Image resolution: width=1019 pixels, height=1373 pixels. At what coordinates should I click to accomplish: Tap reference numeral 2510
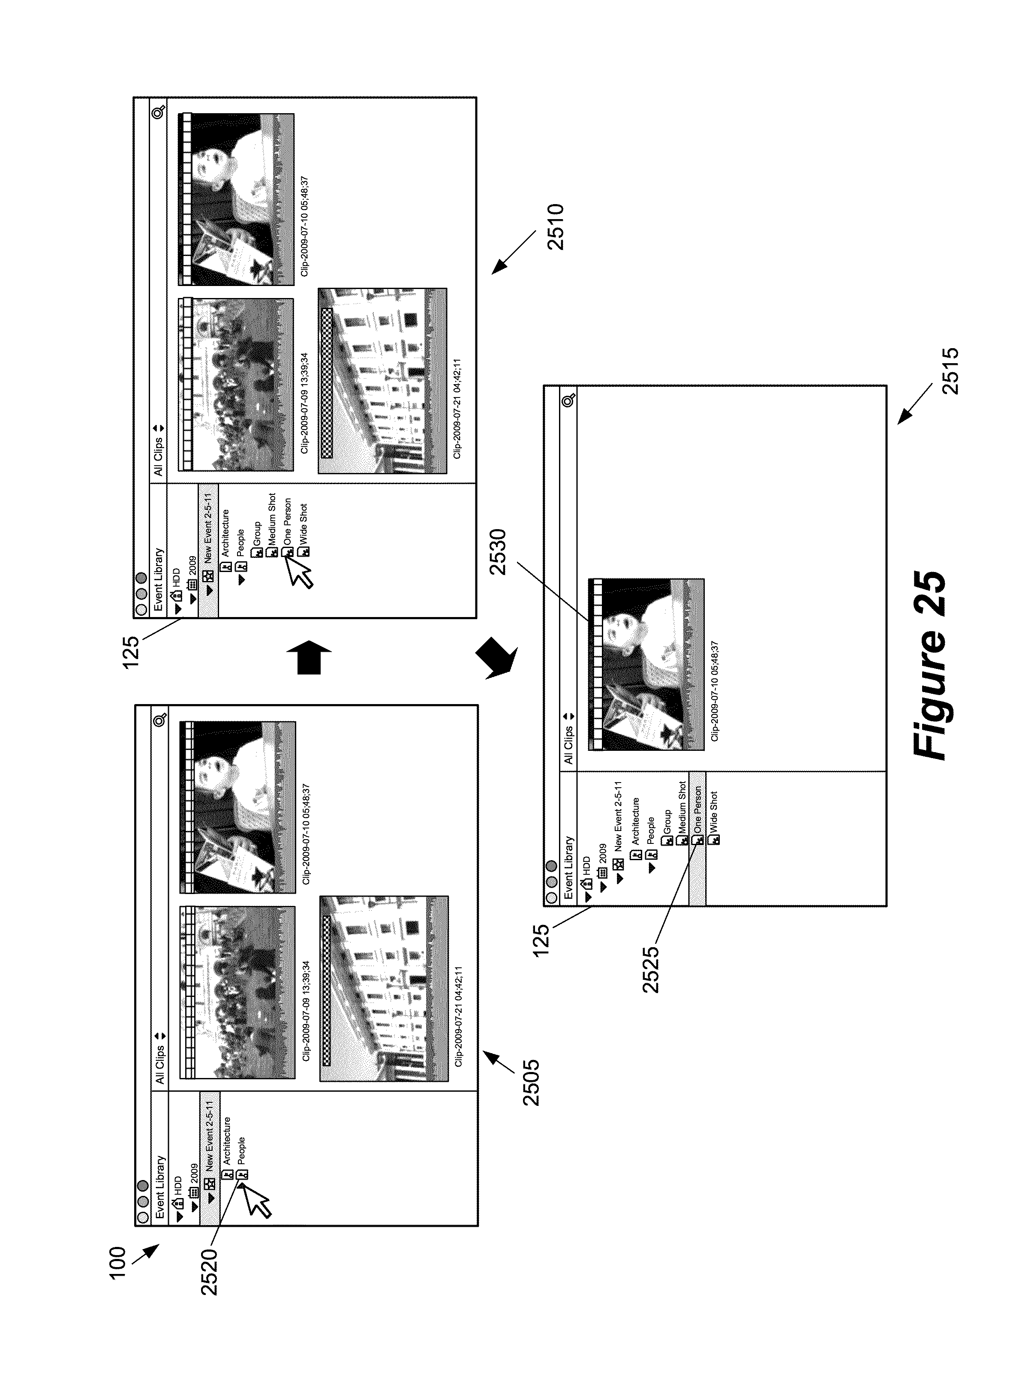pyautogui.click(x=555, y=226)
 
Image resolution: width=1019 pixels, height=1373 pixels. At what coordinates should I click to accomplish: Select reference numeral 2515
pyautogui.click(x=950, y=371)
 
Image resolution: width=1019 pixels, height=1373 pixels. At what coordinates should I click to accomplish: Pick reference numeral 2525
pyautogui.click(x=650, y=970)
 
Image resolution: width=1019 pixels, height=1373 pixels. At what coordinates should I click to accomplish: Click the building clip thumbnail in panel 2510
pyautogui.click(x=382, y=381)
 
